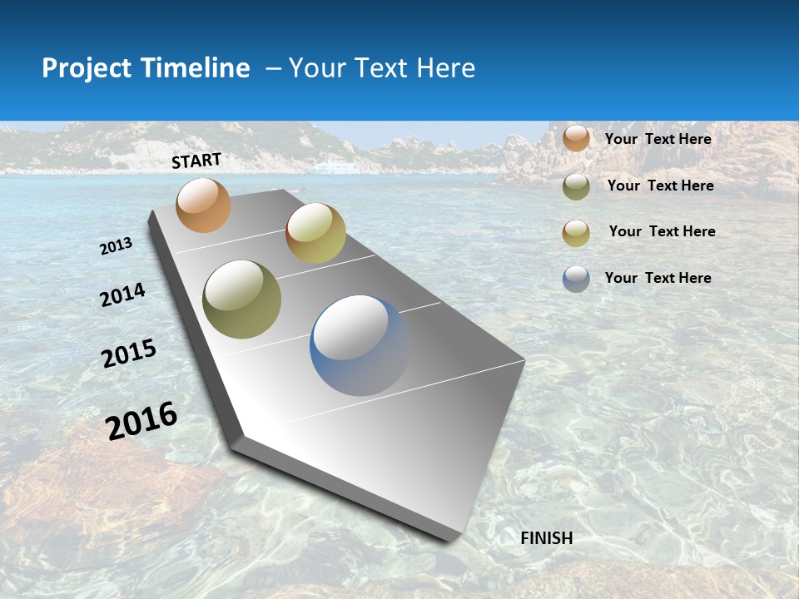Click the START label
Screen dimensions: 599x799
(x=196, y=161)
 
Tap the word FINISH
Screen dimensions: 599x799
(x=547, y=538)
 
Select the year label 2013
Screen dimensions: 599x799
(x=117, y=246)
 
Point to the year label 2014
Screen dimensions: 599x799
(x=122, y=295)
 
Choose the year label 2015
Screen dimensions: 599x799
(x=129, y=354)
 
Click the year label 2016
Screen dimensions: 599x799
(x=141, y=420)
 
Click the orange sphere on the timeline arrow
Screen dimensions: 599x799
(x=203, y=205)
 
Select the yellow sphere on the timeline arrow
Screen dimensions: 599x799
(x=315, y=233)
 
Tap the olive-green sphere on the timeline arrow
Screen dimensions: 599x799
(x=242, y=299)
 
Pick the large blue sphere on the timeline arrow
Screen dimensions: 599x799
(x=360, y=345)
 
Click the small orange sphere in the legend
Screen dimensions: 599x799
(x=576, y=138)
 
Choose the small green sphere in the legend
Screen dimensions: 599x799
(x=576, y=186)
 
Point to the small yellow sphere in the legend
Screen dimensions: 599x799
(x=576, y=233)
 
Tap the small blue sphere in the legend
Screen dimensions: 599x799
(x=576, y=279)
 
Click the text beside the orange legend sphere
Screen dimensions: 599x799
(x=658, y=139)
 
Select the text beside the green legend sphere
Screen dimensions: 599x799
(x=660, y=186)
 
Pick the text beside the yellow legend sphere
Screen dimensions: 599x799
(x=662, y=231)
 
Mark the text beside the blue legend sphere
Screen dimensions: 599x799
(x=658, y=278)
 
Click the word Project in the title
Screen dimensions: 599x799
(x=87, y=68)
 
